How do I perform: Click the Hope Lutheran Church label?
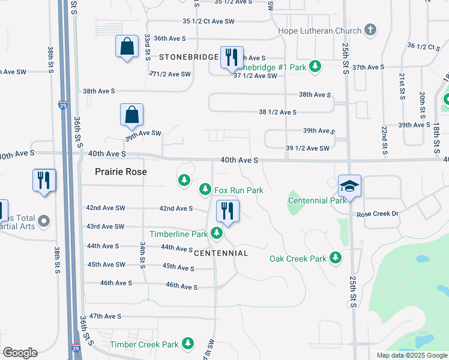tap(320, 31)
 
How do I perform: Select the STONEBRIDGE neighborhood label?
tap(189, 56)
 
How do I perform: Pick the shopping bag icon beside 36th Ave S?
tap(127, 47)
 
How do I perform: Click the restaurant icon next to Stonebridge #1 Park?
tap(231, 58)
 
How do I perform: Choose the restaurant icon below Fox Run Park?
tap(227, 211)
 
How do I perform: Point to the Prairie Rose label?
tap(121, 172)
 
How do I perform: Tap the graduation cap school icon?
tap(349, 186)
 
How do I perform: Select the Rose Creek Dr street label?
tap(378, 214)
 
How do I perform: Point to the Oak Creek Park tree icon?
tap(336, 258)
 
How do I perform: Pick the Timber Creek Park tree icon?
tap(188, 344)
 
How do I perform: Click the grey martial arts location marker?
tap(43, 222)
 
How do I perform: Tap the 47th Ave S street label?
tap(105, 316)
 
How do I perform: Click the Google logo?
tap(20, 353)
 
